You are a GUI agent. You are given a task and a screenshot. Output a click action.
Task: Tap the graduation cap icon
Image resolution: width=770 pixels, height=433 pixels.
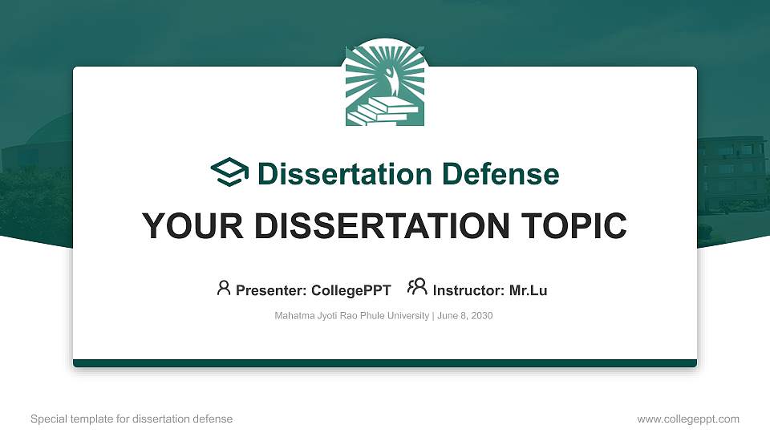click(x=230, y=173)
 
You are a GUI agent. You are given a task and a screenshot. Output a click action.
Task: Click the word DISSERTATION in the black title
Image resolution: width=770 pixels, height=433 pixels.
click(x=364, y=226)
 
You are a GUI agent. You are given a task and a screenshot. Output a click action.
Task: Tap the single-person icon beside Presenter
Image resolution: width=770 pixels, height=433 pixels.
click(x=224, y=288)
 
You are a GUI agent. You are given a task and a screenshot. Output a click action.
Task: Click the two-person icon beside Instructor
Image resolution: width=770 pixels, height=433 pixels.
click(x=417, y=288)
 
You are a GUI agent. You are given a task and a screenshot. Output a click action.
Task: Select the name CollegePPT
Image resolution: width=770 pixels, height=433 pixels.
click(x=351, y=290)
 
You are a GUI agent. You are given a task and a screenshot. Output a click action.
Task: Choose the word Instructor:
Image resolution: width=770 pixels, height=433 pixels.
click(x=468, y=290)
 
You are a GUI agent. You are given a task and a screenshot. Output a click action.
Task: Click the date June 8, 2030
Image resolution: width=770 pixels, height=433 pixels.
click(x=465, y=316)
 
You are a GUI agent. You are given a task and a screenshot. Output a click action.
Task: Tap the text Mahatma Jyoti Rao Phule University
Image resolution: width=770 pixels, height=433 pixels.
click(x=351, y=316)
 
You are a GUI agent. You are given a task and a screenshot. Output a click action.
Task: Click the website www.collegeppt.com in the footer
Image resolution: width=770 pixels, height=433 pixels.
click(x=688, y=419)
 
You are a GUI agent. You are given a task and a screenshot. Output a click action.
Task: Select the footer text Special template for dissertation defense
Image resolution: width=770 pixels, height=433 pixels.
click(x=132, y=419)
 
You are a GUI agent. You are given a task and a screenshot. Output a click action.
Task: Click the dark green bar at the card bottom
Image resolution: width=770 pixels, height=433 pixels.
click(x=385, y=363)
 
